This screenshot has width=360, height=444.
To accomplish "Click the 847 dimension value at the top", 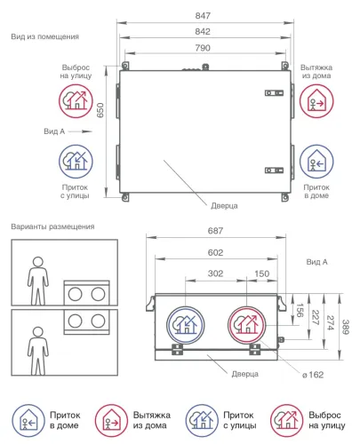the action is pos(203,16).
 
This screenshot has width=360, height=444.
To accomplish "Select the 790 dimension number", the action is pos(203,48).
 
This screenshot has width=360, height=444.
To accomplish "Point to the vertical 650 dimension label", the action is pos(100,110).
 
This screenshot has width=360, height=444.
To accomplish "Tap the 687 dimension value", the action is pos(215,231).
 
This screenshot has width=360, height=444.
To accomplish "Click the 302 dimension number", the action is pos(215,274).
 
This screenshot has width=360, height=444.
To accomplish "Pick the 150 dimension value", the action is pos(262,274).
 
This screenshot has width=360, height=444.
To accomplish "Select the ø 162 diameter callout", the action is pos(313,375).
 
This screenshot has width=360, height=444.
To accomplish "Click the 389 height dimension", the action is pos(346,327).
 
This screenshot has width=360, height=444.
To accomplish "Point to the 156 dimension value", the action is pos(300,310).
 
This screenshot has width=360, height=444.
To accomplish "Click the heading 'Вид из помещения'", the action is pos(45,36).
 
